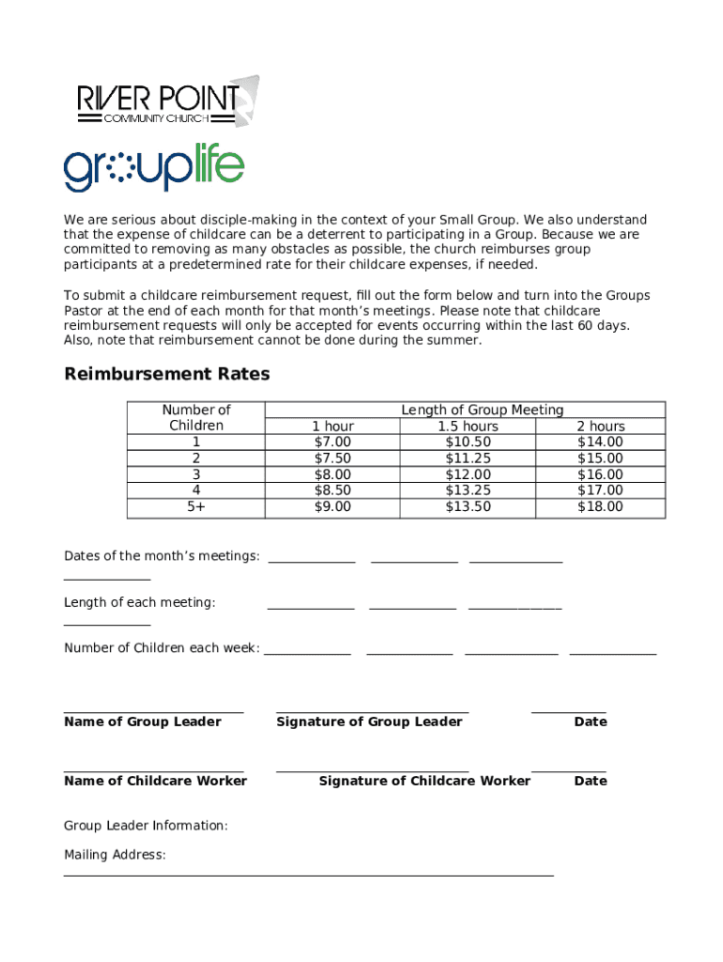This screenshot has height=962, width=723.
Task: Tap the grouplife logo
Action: pyautogui.click(x=154, y=169)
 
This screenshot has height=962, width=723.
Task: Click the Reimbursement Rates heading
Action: pyautogui.click(x=166, y=374)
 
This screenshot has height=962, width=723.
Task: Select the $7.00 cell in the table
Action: pyautogui.click(x=332, y=442)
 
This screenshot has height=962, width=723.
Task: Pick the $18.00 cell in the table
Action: pyautogui.click(x=599, y=506)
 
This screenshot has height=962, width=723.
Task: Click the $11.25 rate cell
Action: pyautogui.click(x=468, y=458)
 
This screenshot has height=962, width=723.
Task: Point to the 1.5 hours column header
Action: pyautogui.click(x=468, y=427)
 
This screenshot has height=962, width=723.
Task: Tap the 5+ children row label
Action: pyautogui.click(x=196, y=506)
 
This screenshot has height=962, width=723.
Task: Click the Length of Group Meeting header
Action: pyautogui.click(x=482, y=410)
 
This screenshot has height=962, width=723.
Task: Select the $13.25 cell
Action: pyautogui.click(x=468, y=490)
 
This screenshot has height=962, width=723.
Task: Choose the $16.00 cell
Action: pyautogui.click(x=599, y=474)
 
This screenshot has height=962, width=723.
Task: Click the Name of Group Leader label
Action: pyautogui.click(x=143, y=721)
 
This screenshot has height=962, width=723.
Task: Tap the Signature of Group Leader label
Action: pyautogui.click(x=369, y=721)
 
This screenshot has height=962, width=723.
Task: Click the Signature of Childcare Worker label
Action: pyautogui.click(x=424, y=781)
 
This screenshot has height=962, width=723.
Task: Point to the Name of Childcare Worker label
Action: pyautogui.click(x=156, y=781)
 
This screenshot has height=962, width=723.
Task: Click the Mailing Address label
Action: pyautogui.click(x=115, y=855)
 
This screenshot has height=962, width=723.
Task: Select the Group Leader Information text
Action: pyautogui.click(x=146, y=826)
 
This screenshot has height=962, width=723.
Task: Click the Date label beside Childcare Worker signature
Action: pyautogui.click(x=591, y=781)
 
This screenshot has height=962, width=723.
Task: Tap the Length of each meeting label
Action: pyautogui.click(x=140, y=602)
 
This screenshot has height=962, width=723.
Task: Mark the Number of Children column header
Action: pyautogui.click(x=196, y=417)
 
